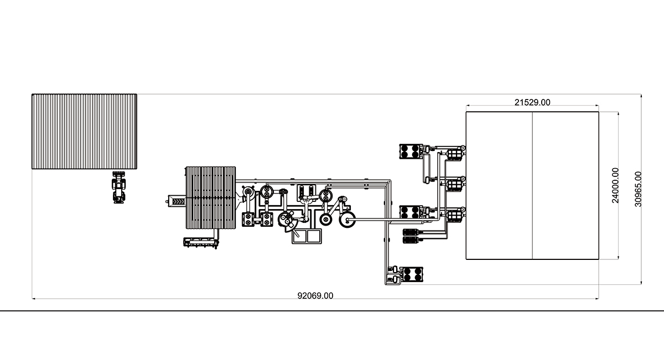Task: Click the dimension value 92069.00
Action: tap(315, 296)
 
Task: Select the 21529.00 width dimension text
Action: tap(532, 102)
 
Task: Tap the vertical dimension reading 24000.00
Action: tap(615, 185)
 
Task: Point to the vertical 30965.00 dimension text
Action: tap(638, 189)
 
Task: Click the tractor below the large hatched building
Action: tap(118, 187)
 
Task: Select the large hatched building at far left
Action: tap(84, 132)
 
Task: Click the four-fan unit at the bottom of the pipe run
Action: tap(412, 274)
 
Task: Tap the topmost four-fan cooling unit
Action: tap(410, 152)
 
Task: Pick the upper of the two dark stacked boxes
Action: tap(411, 232)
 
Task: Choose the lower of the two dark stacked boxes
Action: tap(411, 240)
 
